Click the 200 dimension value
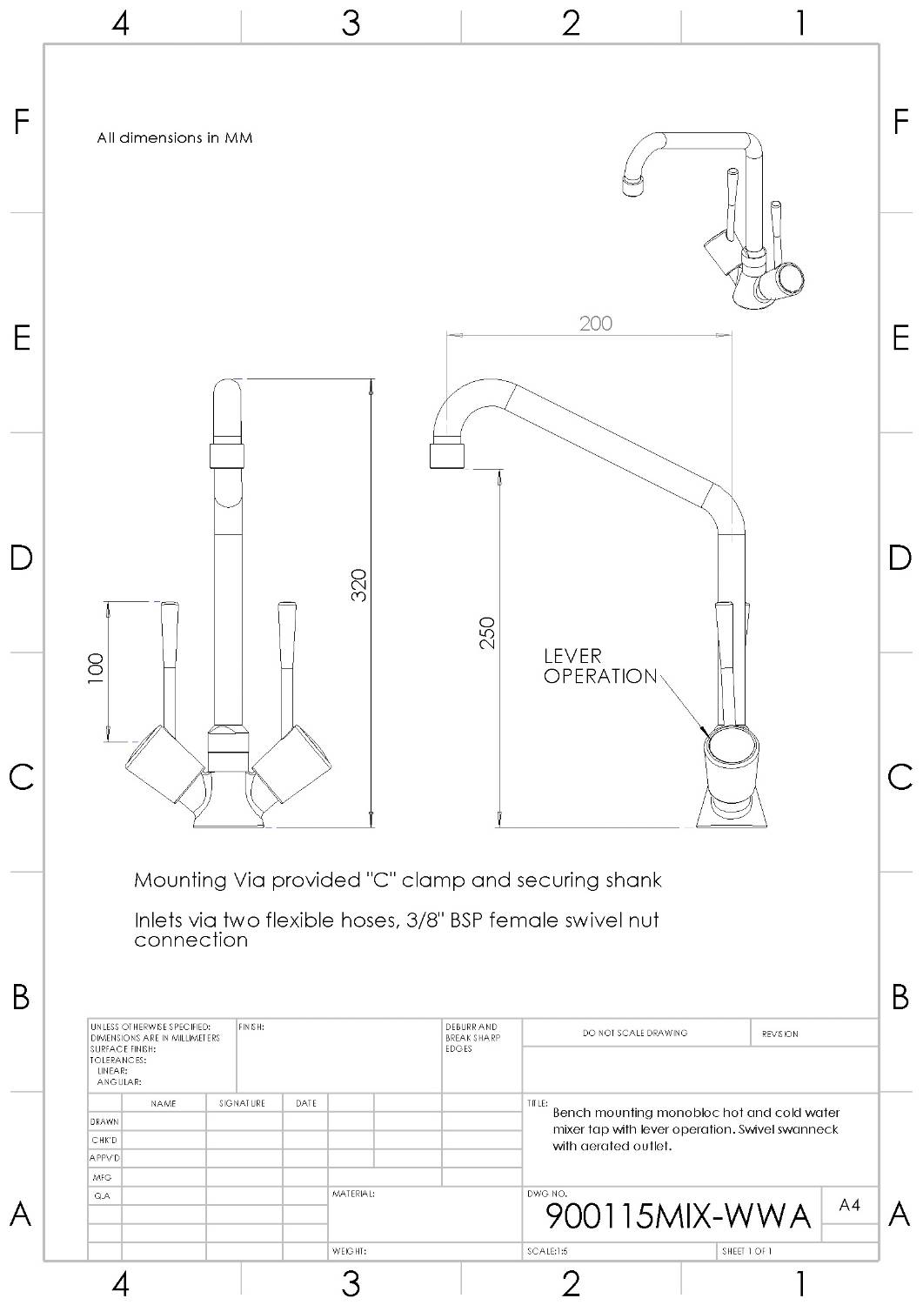click(596, 324)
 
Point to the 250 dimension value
click(487, 632)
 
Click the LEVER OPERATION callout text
click(599, 666)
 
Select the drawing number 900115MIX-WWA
click(678, 1215)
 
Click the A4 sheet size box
click(849, 1205)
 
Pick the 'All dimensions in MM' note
click(175, 138)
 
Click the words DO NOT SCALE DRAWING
click(635, 1034)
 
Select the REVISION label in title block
click(779, 1034)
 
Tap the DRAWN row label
click(104, 1122)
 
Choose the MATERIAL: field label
click(353, 1195)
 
